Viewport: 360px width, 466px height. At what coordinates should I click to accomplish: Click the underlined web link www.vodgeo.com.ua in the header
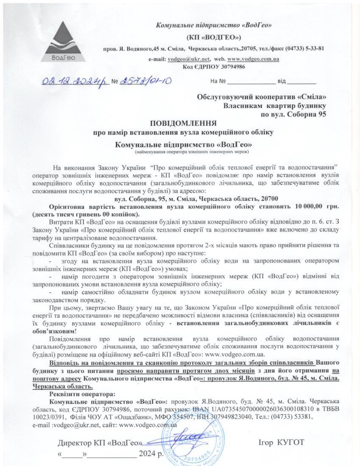click(253, 59)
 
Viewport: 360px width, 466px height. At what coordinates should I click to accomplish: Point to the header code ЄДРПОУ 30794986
click(213, 67)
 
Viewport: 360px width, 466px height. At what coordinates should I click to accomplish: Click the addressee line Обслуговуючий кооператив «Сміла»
click(262, 97)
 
